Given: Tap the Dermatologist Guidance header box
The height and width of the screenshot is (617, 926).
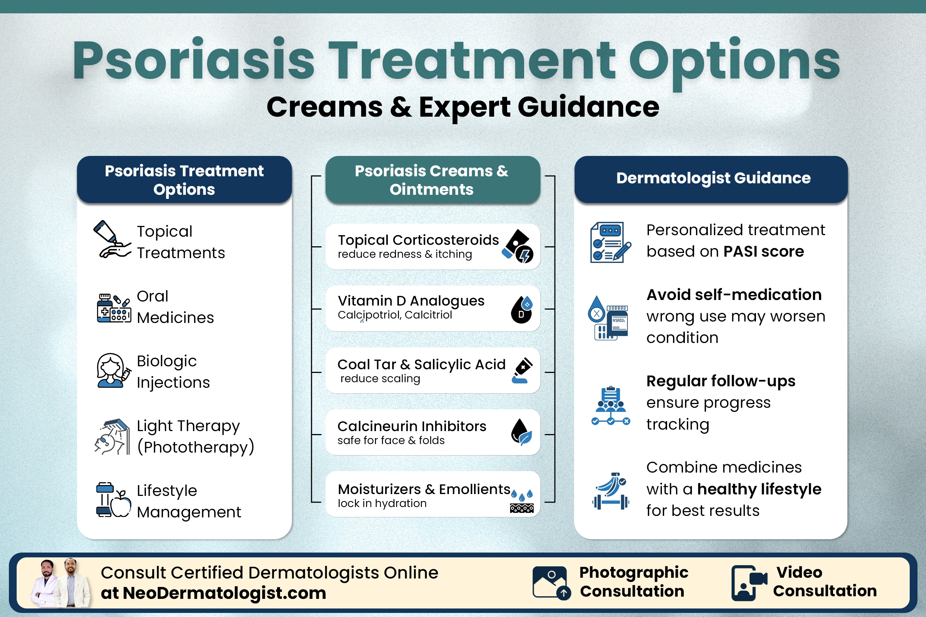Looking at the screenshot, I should [x=711, y=179].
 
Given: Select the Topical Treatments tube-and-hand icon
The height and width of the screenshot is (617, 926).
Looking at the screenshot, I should [x=111, y=240].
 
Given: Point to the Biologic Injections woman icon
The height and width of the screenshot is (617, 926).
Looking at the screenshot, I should [x=113, y=371].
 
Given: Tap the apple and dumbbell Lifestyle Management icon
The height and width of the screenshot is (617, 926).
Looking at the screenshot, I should [x=113, y=500].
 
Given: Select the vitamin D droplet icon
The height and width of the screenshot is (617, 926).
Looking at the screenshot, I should [x=522, y=309].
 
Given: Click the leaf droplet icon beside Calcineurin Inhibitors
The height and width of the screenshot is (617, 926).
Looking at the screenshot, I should [x=522, y=432].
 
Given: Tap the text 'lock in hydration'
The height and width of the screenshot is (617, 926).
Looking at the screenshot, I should [x=382, y=503].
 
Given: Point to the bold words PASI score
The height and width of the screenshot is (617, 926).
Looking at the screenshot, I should [x=763, y=251].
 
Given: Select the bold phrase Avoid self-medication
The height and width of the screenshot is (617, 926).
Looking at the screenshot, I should [x=734, y=295].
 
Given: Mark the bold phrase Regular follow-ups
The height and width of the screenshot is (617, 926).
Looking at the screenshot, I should [x=720, y=381].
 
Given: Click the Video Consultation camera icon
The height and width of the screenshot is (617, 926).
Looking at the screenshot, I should [x=749, y=582].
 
